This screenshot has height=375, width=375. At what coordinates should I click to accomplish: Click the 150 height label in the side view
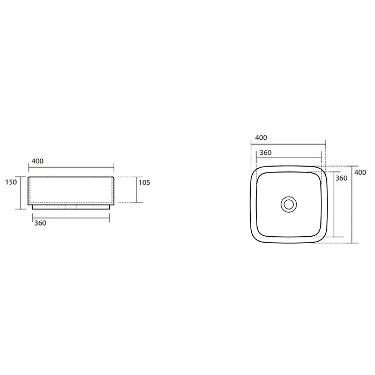[x=11, y=182]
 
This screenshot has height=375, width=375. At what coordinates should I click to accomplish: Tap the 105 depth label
[x=145, y=183]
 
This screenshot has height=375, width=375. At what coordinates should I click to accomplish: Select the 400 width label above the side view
[x=37, y=161]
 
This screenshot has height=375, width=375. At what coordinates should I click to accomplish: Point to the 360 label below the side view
[x=40, y=223]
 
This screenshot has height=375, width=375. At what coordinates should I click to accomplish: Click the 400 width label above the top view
[x=261, y=138]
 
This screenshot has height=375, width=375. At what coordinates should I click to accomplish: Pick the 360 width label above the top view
[x=266, y=153]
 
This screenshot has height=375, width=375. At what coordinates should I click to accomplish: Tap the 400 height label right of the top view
[x=360, y=172]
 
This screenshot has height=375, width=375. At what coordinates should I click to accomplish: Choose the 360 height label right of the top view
[x=341, y=178]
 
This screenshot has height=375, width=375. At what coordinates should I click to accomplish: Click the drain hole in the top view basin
[x=289, y=205]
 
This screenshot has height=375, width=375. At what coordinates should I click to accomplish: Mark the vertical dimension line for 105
[x=136, y=190]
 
